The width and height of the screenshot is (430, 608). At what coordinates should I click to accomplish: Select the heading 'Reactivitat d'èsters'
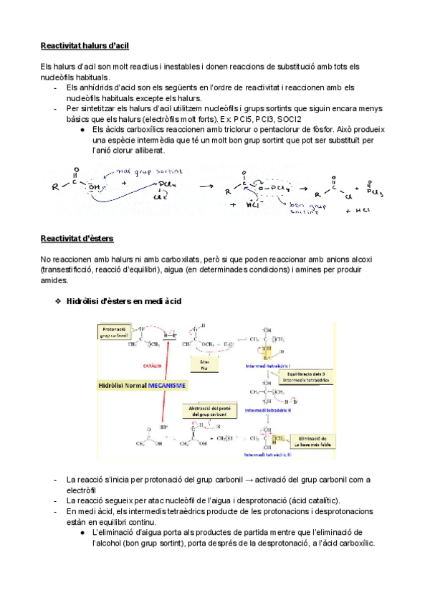77,238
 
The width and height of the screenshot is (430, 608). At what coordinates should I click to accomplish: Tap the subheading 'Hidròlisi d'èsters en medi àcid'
123,301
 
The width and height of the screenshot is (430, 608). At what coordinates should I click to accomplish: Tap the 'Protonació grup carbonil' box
113,331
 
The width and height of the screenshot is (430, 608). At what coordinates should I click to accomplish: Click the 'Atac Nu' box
204,364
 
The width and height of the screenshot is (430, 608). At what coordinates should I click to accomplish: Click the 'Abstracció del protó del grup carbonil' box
209,412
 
